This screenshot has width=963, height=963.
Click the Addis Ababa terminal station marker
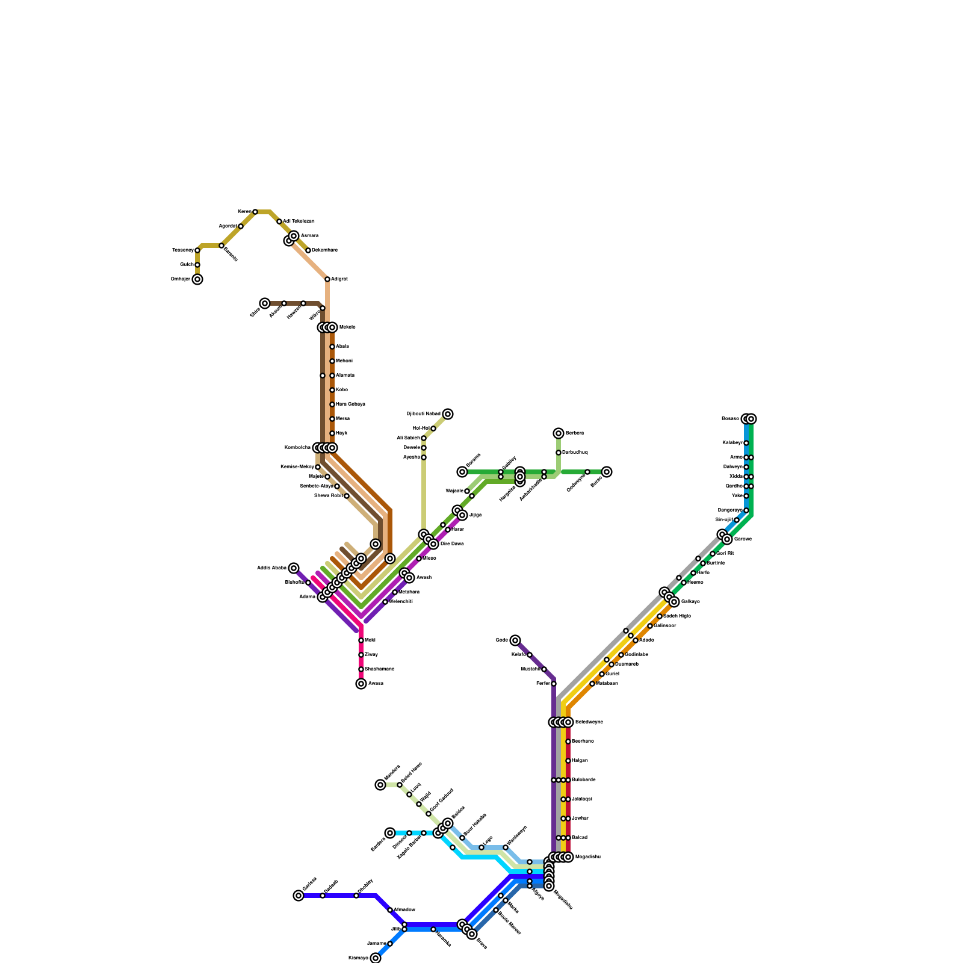coord(294,568)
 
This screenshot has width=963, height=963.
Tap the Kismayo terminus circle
coord(376,958)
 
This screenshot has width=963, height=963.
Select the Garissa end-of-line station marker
coord(299,896)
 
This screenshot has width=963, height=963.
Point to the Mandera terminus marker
coord(380,785)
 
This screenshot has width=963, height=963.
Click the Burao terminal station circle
coord(607,472)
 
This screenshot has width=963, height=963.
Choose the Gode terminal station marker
coord(515,640)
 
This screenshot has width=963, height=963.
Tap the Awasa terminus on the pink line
coord(361,684)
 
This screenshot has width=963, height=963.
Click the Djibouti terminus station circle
coord(448,414)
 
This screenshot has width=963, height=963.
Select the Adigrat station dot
coord(327,279)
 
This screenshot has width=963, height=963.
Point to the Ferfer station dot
coord(554,684)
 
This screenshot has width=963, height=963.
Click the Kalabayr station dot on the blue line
coord(746,443)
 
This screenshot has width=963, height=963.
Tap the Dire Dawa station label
coord(452,544)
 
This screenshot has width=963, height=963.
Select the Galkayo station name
coord(690,602)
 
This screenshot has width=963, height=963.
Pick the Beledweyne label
coord(589,722)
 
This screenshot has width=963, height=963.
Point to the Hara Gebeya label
coord(350,404)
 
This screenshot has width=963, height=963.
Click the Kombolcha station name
coord(297,448)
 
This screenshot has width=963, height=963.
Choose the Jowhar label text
coord(580,819)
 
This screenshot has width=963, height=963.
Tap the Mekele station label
coord(347,327)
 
